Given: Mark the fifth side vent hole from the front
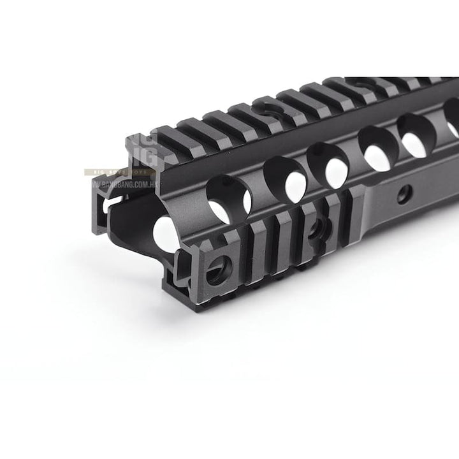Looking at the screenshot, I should click(x=416, y=135).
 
